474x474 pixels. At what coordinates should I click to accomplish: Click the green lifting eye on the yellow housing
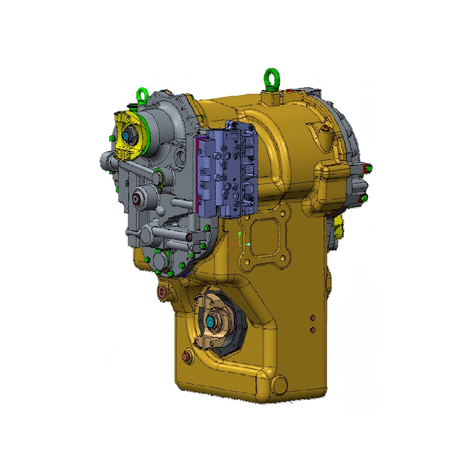click(270, 78)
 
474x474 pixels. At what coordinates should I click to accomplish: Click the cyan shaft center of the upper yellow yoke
click(127, 137)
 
